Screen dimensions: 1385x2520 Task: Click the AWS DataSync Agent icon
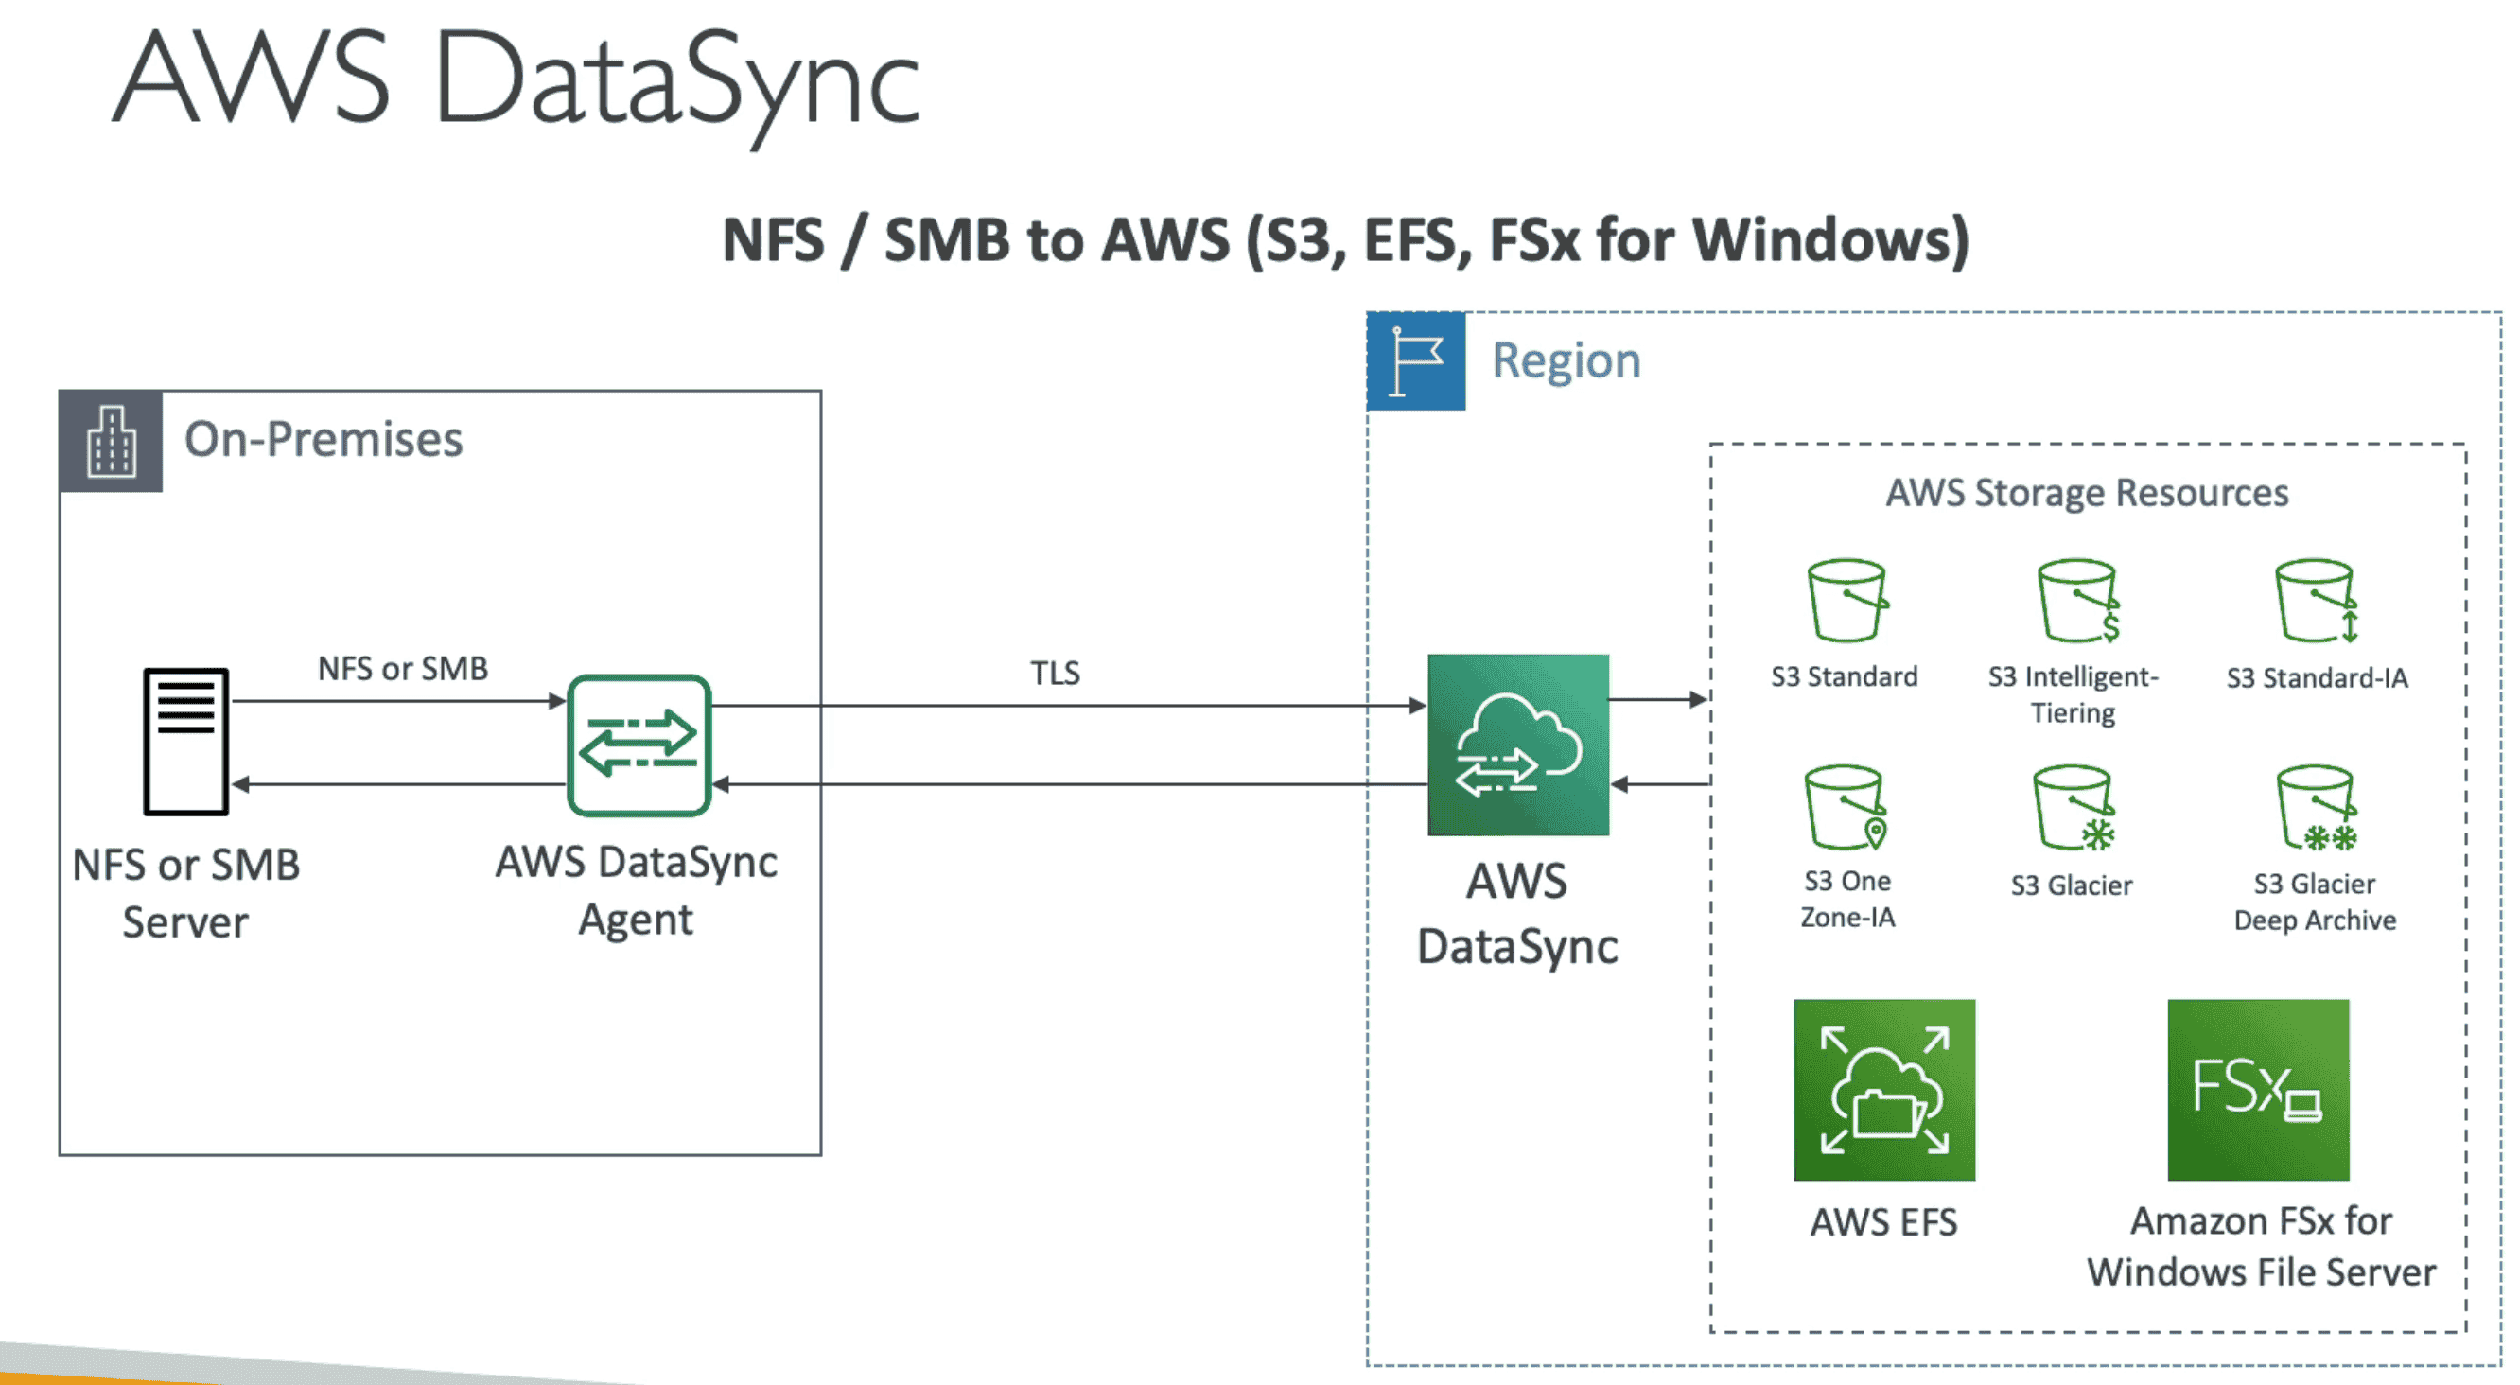coord(639,745)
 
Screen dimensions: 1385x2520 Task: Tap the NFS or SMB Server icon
coord(185,742)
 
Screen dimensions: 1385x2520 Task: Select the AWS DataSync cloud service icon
coord(1518,745)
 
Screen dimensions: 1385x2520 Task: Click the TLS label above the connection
coord(1055,673)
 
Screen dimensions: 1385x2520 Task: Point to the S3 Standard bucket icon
coord(1846,601)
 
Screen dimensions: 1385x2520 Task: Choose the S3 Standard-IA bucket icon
coord(2316,601)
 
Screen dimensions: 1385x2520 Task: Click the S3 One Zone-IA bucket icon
coord(1845,808)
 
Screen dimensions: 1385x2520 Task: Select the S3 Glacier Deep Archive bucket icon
coord(2316,808)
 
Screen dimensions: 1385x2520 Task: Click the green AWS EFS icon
coord(1884,1090)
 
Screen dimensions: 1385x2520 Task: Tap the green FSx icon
coord(2258,1090)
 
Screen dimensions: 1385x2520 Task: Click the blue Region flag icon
coord(1415,361)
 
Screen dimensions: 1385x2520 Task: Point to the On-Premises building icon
coord(112,441)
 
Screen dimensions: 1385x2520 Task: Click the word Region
coord(1566,361)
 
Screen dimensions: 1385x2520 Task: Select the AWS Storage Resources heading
coord(2087,493)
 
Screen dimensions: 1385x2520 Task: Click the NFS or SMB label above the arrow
coord(402,669)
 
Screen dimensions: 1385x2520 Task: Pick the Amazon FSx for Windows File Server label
coord(2261,1246)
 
